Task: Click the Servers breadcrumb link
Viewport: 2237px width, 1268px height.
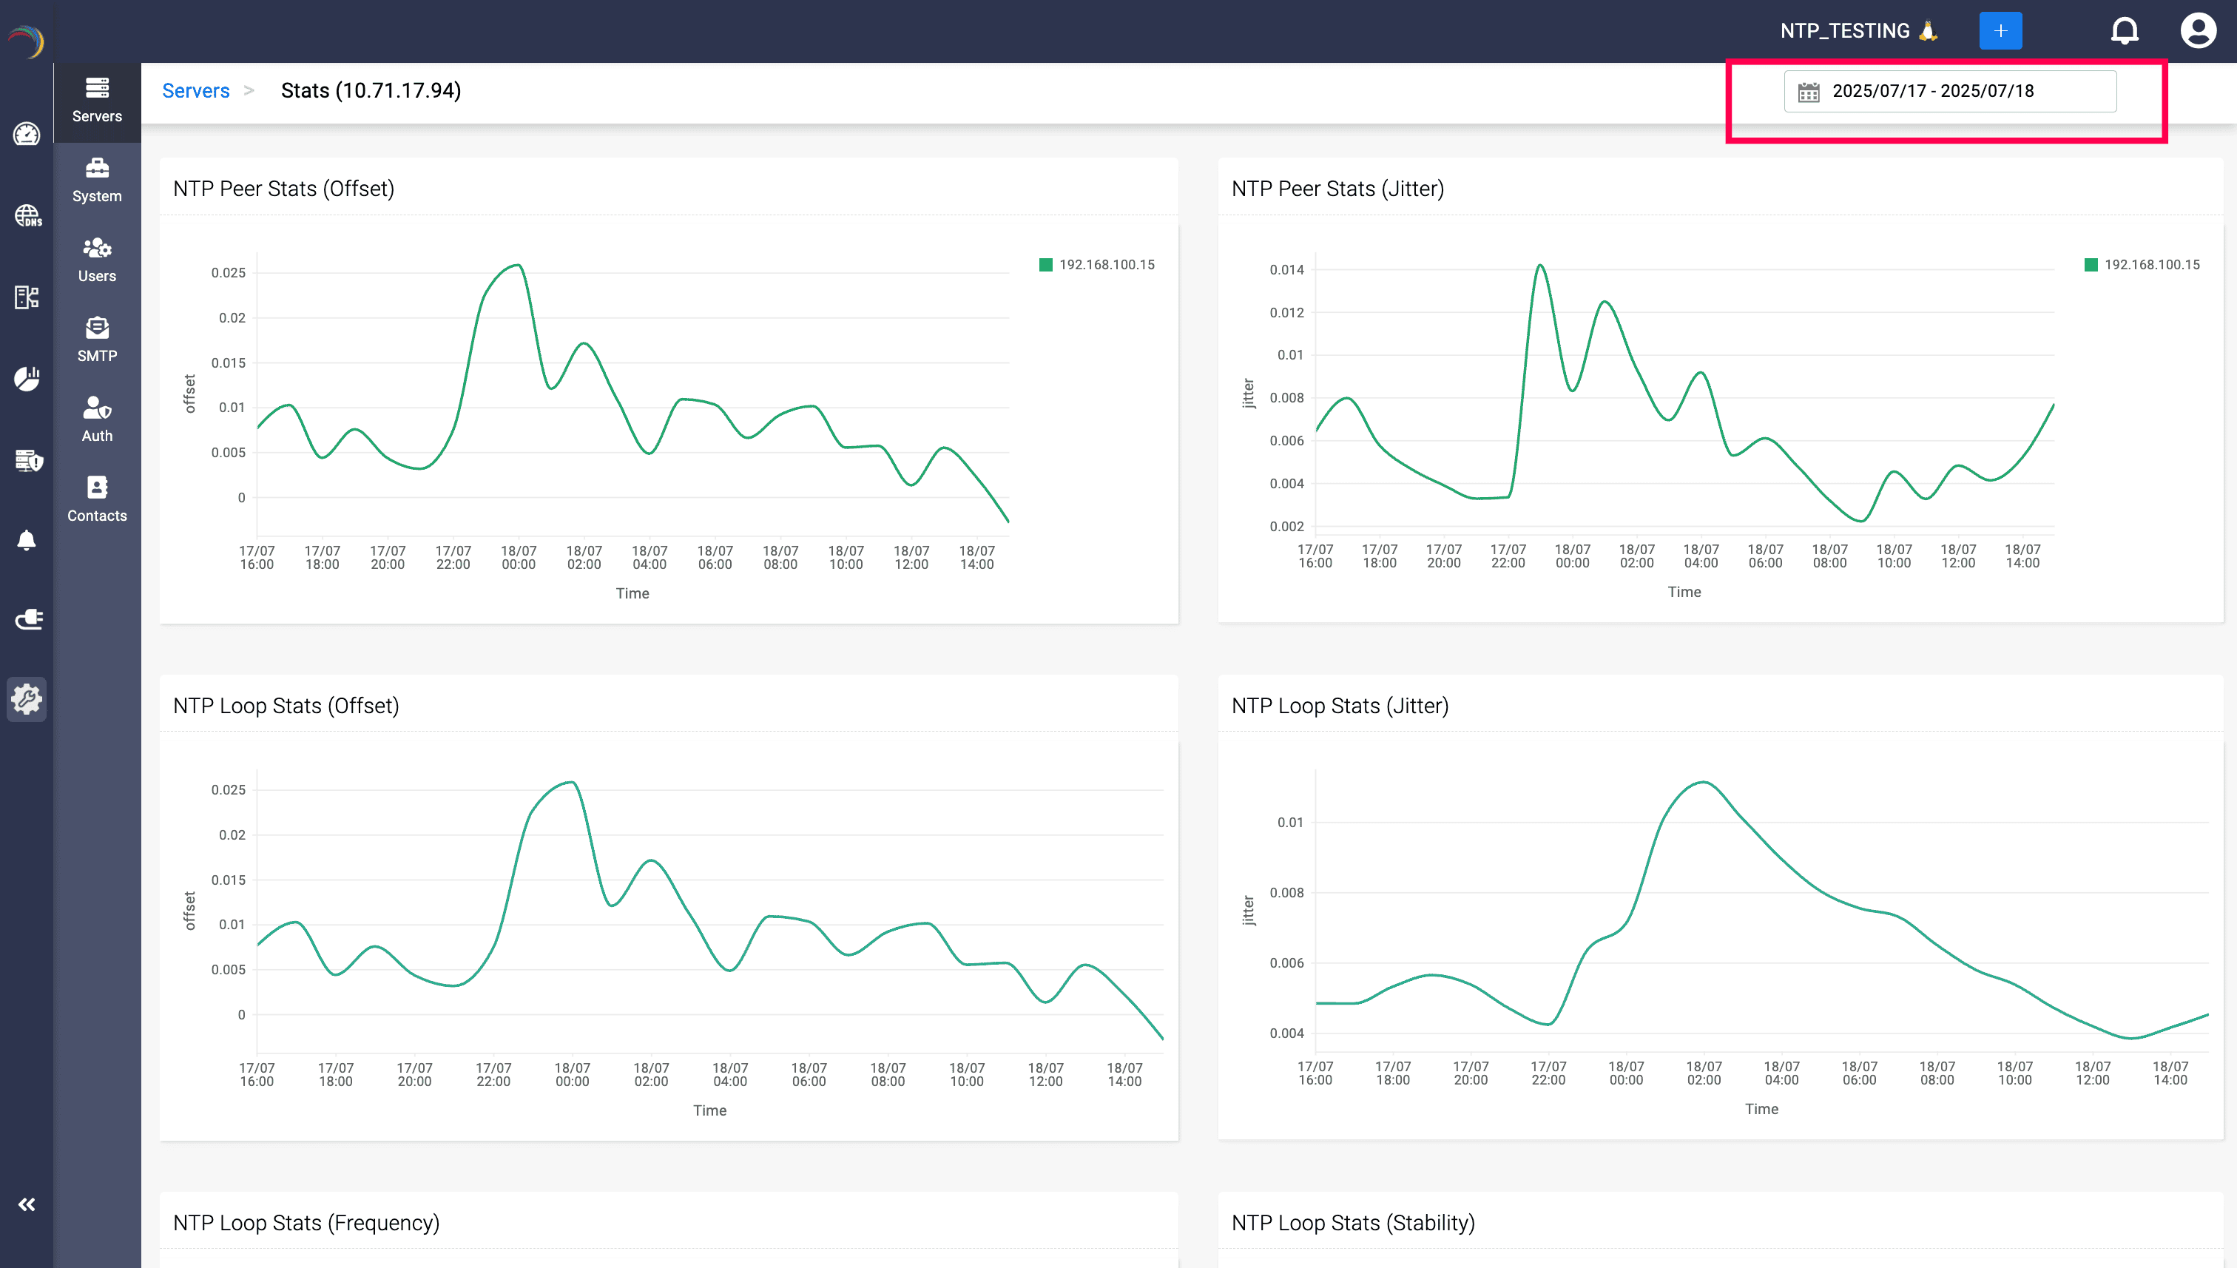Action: (x=195, y=90)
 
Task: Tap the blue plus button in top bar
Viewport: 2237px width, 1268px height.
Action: (x=2000, y=30)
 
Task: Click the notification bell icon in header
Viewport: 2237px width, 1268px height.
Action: (x=2124, y=30)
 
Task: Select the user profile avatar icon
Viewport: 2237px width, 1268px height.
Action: (x=2198, y=30)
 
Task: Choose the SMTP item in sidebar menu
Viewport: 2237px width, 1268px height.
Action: (x=97, y=340)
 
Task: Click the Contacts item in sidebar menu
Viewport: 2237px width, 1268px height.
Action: (x=97, y=499)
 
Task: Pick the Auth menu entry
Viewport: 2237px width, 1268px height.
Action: (x=97, y=419)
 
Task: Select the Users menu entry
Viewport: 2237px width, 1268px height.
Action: (x=97, y=260)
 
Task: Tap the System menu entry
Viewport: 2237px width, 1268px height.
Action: (x=97, y=181)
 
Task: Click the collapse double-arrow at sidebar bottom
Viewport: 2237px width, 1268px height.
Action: (x=26, y=1204)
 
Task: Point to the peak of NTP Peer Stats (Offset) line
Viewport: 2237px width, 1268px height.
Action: (x=518, y=266)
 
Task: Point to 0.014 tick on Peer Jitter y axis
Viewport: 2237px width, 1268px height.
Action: (x=1286, y=270)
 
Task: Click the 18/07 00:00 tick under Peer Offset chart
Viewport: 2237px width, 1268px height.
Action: (x=518, y=557)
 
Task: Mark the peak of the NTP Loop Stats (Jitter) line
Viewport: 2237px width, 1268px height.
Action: (x=1702, y=782)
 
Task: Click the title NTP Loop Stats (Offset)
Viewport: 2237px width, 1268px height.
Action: (x=286, y=706)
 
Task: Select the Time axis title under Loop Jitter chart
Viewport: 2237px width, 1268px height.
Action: (x=1761, y=1109)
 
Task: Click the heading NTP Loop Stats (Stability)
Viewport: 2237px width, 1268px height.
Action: (x=1352, y=1223)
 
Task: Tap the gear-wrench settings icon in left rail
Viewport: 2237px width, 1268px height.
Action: (x=26, y=699)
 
